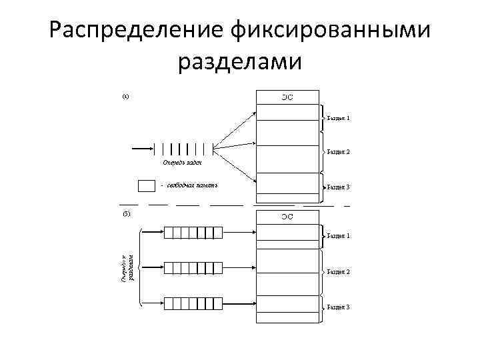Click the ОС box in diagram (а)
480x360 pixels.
tap(288, 98)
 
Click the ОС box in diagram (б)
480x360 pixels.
tap(288, 217)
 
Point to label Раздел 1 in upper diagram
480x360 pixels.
tap(338, 118)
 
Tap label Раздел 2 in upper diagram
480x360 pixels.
tap(338, 151)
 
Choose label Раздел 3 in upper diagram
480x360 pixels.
tap(338, 187)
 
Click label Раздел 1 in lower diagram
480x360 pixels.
tap(338, 236)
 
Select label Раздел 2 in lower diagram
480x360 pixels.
tap(338, 272)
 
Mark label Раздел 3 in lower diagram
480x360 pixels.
tap(338, 307)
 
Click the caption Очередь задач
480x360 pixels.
tap(181, 162)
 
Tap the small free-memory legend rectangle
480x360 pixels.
tap(146, 185)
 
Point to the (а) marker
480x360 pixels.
tap(125, 96)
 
